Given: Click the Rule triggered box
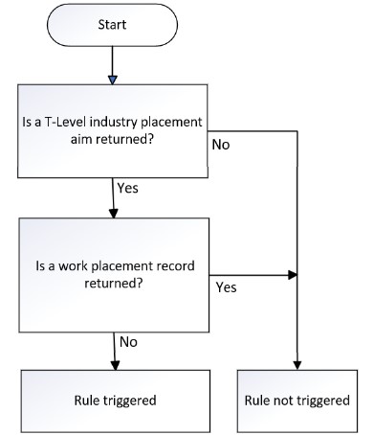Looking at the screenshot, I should tap(116, 401).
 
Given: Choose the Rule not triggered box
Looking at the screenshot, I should tap(297, 401).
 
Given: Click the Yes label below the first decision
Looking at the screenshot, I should tap(127, 188).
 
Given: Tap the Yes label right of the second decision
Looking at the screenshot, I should tap(228, 286).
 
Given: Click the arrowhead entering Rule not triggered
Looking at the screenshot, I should tap(297, 363).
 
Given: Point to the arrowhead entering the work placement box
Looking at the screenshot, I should tap(116, 213).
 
